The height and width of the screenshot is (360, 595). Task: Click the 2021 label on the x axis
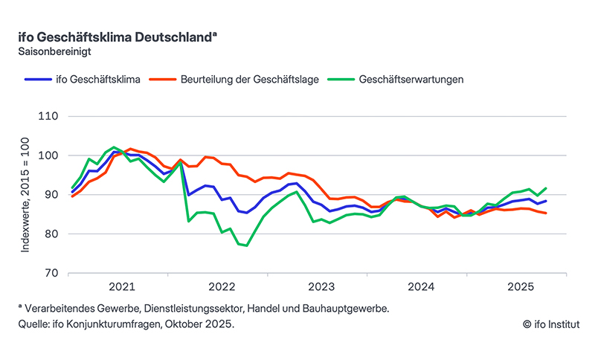pyautogui.click(x=122, y=286)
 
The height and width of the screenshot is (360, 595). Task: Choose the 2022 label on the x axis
pyautogui.click(x=222, y=286)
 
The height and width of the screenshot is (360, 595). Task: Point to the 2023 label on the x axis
pyautogui.click(x=321, y=286)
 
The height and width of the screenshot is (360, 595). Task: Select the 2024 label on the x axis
pyautogui.click(x=420, y=286)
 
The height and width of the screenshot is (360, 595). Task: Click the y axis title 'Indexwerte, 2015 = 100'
pyautogui.click(x=26, y=195)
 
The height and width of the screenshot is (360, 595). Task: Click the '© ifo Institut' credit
pyautogui.click(x=550, y=325)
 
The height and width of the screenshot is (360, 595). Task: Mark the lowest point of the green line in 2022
pyautogui.click(x=246, y=245)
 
